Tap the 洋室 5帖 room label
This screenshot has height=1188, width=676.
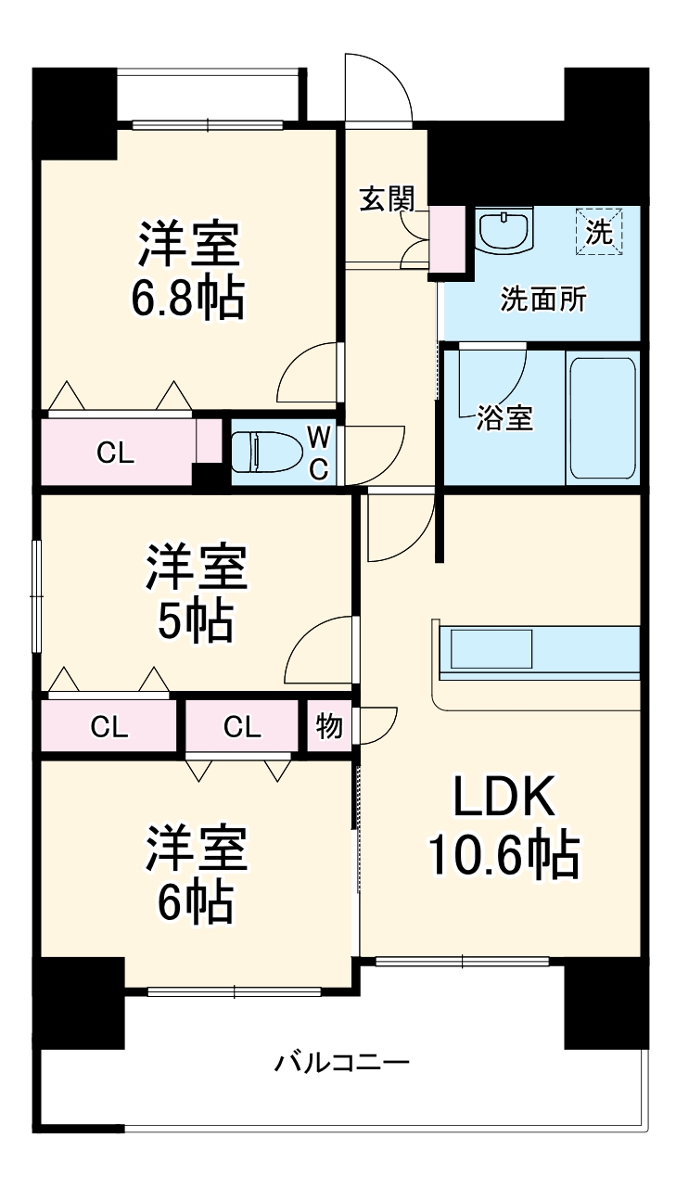[x=195, y=594]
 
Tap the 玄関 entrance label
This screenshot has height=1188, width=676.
[x=387, y=199]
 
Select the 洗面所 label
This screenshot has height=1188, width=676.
[x=543, y=300]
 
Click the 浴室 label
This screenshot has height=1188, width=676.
[x=504, y=418]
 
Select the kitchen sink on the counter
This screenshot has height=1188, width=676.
[x=491, y=648]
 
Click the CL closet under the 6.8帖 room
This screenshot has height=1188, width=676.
[x=117, y=453]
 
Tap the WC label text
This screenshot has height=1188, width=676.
[x=318, y=452]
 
